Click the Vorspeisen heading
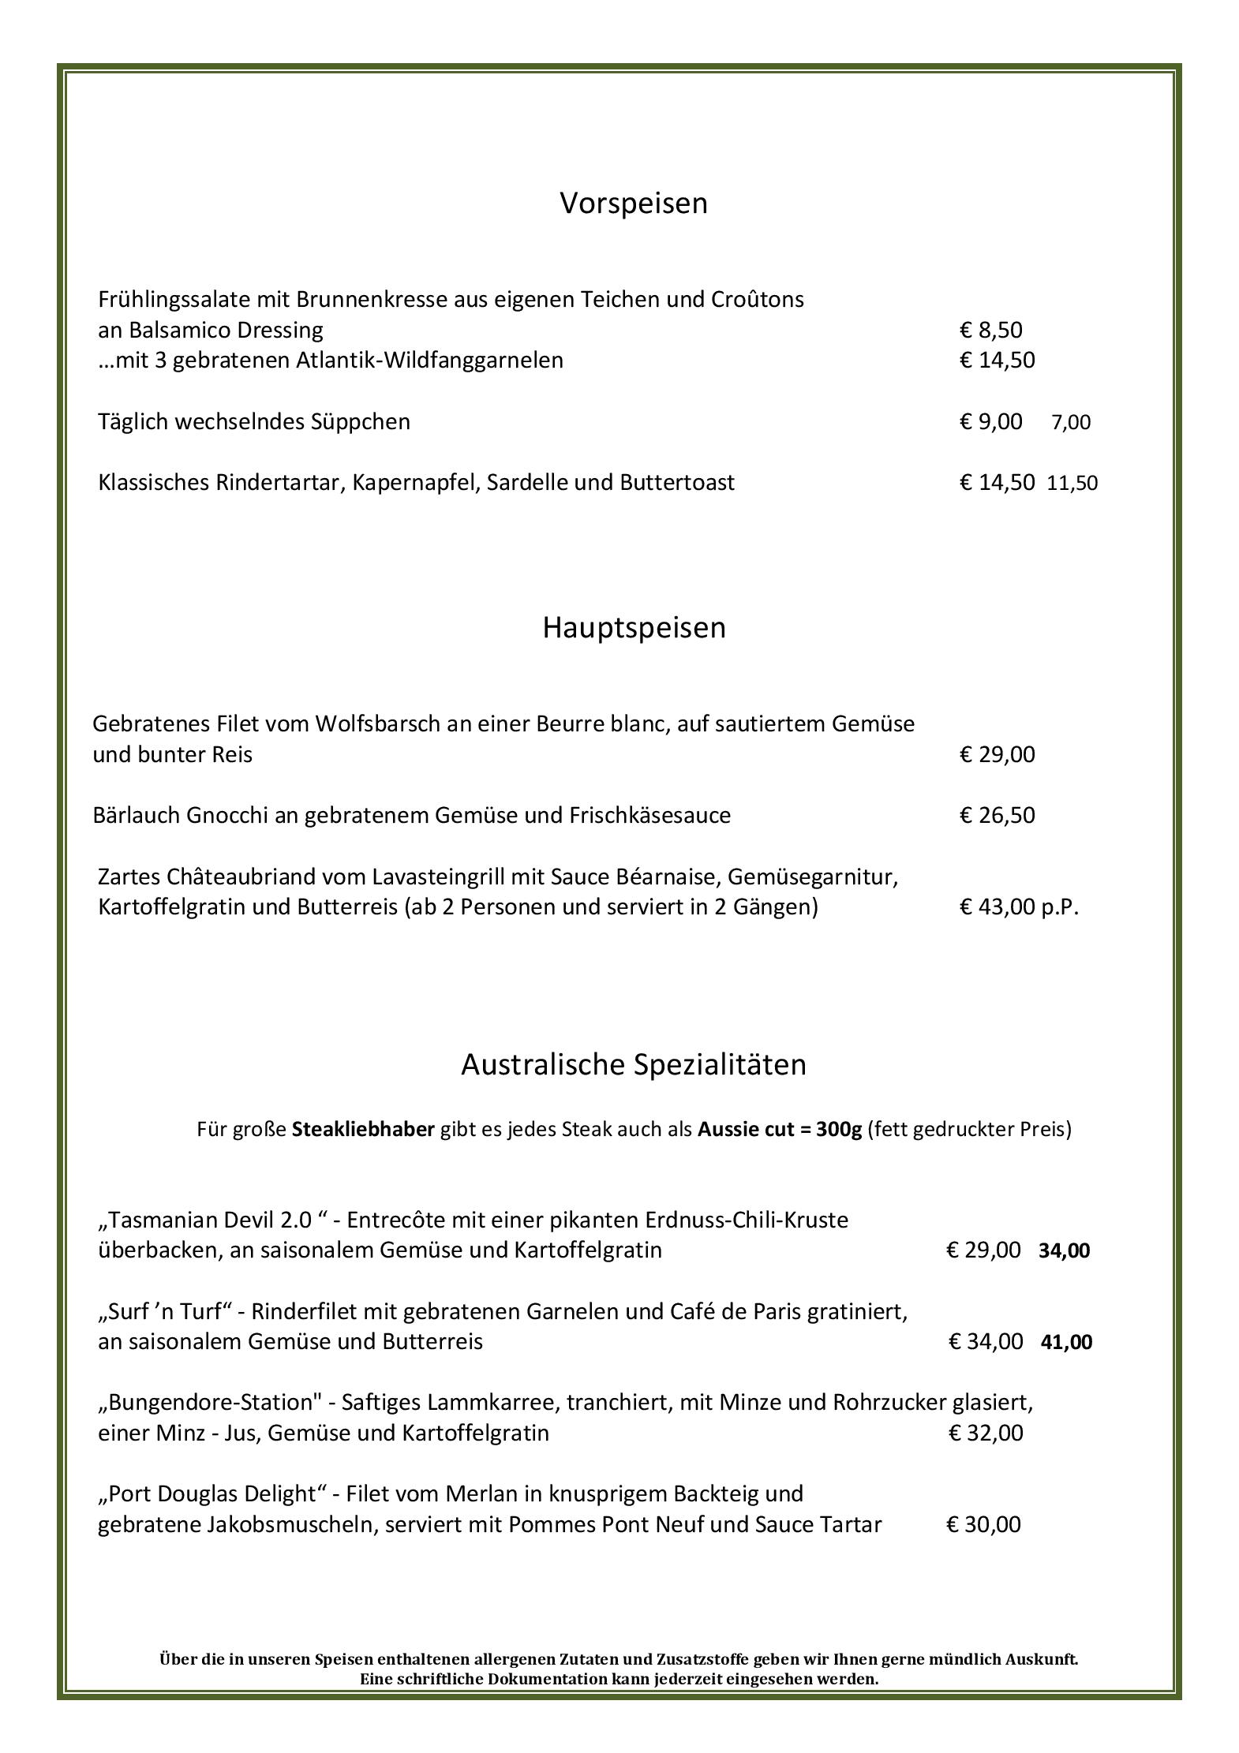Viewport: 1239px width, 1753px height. [x=634, y=204]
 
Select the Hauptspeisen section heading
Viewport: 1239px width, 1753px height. [x=634, y=628]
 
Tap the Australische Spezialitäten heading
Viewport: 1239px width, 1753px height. [x=634, y=1064]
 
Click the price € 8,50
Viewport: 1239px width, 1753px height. [x=990, y=330]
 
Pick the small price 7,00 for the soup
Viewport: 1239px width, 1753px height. [x=1071, y=422]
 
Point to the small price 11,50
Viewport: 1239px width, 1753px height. [x=1072, y=483]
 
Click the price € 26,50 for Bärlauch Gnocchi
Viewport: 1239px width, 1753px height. [x=997, y=815]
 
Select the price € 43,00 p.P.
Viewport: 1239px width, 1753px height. [x=1019, y=907]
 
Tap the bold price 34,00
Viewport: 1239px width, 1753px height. [x=1064, y=1250]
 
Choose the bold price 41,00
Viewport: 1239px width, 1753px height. [x=1066, y=1342]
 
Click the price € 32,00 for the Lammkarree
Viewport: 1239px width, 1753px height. [x=986, y=1433]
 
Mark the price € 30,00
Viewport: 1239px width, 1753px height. [x=983, y=1524]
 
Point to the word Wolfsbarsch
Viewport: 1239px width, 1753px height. [x=377, y=723]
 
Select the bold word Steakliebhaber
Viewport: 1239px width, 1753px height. [x=363, y=1129]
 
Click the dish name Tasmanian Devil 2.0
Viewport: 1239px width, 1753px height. [x=211, y=1220]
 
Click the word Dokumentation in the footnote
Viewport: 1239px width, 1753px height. [x=548, y=1679]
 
